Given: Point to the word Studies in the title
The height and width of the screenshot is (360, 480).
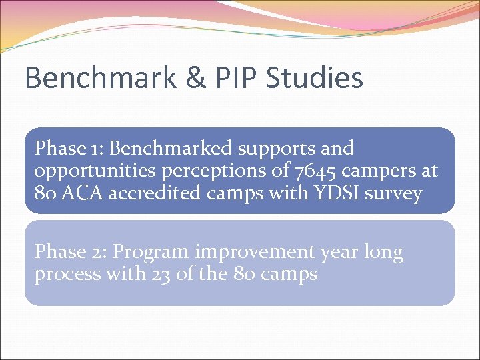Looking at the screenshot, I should point(315,78).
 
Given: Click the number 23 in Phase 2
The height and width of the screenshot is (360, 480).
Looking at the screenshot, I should point(160,274).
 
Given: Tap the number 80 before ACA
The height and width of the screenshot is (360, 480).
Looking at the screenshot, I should point(45,193).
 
